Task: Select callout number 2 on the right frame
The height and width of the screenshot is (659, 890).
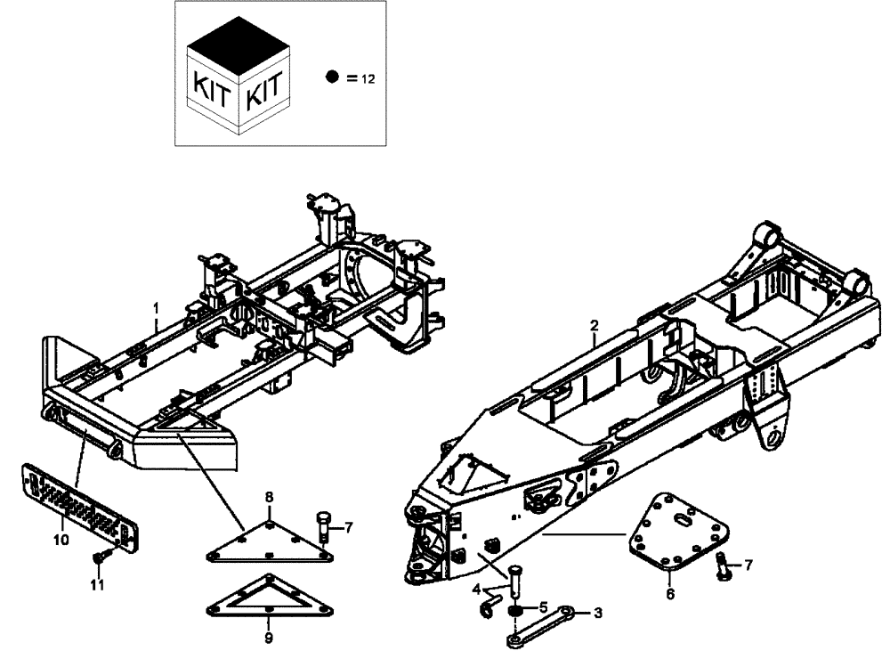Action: point(595,325)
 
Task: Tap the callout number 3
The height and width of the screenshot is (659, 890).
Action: point(598,613)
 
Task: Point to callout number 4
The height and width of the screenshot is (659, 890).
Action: point(476,588)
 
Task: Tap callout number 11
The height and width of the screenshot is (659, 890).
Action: point(98,585)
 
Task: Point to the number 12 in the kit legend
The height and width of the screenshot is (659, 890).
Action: point(368,79)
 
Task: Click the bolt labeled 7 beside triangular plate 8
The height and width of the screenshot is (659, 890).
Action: point(324,525)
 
